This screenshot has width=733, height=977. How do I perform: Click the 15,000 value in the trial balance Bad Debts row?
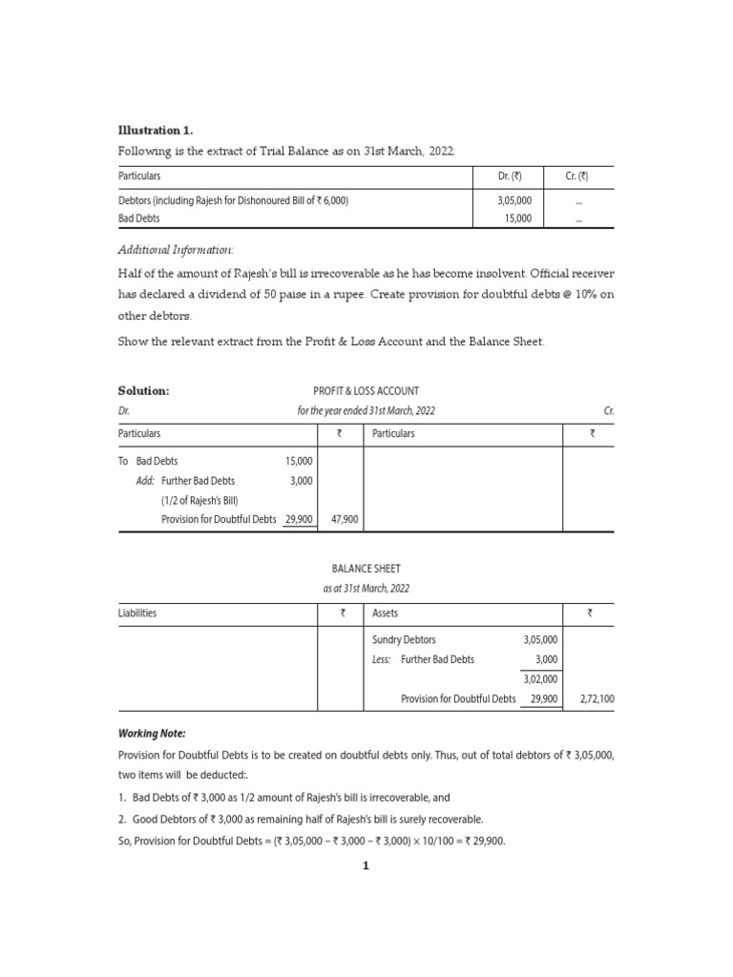[x=517, y=218]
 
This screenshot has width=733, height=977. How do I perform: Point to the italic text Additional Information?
[x=176, y=250]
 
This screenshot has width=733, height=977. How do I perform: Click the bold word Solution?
[x=143, y=390]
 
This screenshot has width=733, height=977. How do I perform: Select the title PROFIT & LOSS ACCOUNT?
[x=366, y=390]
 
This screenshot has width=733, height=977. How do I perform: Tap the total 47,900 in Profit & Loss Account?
[x=344, y=519]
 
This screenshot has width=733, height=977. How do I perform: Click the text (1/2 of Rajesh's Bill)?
[x=199, y=500]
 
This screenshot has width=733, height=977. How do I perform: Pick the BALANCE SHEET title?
[x=366, y=569]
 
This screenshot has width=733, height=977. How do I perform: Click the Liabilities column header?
[x=137, y=613]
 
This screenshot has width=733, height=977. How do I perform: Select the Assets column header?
[x=385, y=613]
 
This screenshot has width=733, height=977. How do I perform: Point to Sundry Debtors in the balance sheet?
[x=404, y=640]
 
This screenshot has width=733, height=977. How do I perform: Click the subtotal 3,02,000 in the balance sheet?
[x=541, y=679]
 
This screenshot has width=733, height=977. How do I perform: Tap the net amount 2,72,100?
[x=596, y=698]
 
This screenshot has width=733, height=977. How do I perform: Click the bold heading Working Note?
[x=152, y=733]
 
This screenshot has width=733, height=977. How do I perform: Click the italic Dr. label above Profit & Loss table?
[x=123, y=410]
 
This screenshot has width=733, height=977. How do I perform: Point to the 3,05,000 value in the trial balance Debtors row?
[x=514, y=200]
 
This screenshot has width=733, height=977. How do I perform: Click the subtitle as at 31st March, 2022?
[x=366, y=589]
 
